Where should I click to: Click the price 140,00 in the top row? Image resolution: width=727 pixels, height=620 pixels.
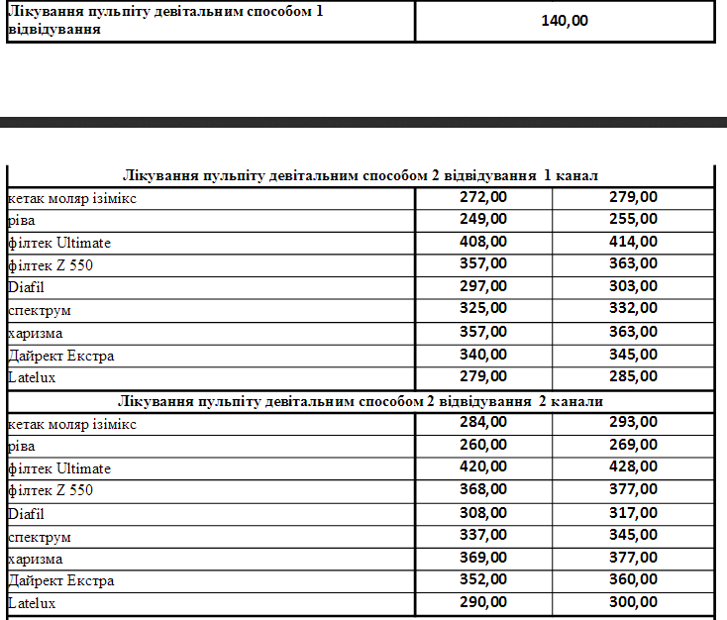565,21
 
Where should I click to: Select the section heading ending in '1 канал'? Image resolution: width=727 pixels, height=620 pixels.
361,176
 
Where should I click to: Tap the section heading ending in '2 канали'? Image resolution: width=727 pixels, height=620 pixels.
361,401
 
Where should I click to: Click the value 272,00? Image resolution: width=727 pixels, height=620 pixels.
483,197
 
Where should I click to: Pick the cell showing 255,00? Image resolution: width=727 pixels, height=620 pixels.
633,219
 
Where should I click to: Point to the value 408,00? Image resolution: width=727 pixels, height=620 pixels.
483,242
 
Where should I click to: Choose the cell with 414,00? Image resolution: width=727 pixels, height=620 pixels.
633,242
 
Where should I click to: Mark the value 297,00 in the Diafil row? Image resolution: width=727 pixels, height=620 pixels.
483,286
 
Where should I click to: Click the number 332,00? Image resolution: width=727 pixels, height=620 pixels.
633,309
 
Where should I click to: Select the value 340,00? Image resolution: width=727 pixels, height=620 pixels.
483,354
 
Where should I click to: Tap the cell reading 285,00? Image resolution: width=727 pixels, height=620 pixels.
633,376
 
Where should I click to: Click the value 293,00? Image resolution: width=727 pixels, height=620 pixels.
633,422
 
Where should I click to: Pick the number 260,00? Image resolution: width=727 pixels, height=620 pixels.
483,444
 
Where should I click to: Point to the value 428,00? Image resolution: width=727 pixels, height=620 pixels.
633,466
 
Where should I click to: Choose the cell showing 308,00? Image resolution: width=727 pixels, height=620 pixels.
483,512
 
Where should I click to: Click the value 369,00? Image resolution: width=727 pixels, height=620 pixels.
483,558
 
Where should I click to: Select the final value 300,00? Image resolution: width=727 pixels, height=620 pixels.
633,602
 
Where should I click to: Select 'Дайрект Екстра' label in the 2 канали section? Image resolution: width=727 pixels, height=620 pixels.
61,580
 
